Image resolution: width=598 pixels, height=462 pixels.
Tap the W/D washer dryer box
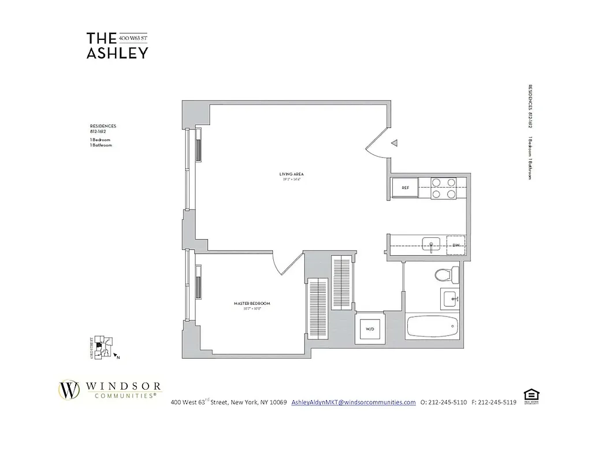[368, 329]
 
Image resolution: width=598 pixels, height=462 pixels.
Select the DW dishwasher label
[456, 245]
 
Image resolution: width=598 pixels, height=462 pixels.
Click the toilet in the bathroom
[448, 275]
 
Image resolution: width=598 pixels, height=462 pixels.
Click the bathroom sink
[450, 298]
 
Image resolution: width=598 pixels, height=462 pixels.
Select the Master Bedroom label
[252, 303]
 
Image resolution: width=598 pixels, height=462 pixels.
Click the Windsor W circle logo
[70, 390]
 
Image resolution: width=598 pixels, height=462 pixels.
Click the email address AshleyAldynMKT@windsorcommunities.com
[354, 402]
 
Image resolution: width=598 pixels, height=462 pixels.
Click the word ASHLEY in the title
[117, 53]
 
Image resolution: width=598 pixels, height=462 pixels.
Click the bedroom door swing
[283, 263]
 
